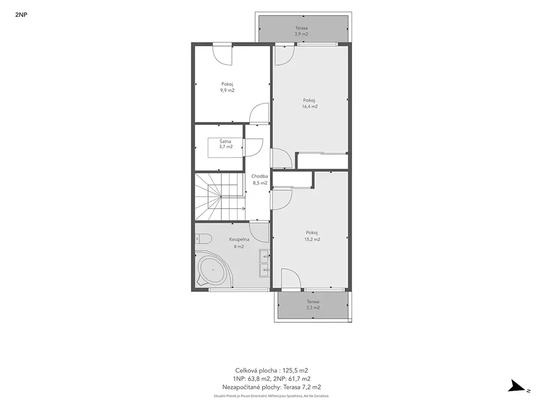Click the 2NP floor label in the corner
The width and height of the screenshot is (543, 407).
pos(21,15)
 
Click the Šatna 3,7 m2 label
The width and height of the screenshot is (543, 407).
pos(225,144)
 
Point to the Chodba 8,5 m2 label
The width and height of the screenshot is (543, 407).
pos(260,180)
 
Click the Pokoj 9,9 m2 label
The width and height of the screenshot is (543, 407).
pos(227,87)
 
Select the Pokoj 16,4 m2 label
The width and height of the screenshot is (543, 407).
pos(310,103)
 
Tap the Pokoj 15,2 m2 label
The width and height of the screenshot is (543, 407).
pos(312,236)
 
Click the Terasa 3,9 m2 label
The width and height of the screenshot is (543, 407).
pos(301,31)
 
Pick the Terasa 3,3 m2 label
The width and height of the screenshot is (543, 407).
pos(313,305)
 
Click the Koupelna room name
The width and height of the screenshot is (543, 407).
pos(239,239)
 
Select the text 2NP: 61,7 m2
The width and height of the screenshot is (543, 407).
pos(292,379)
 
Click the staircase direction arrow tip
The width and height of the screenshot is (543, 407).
pos(245,208)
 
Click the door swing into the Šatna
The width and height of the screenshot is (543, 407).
pos(253,148)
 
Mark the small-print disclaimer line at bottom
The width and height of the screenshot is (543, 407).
pos(271,396)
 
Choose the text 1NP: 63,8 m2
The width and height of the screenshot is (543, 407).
pos(252,379)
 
